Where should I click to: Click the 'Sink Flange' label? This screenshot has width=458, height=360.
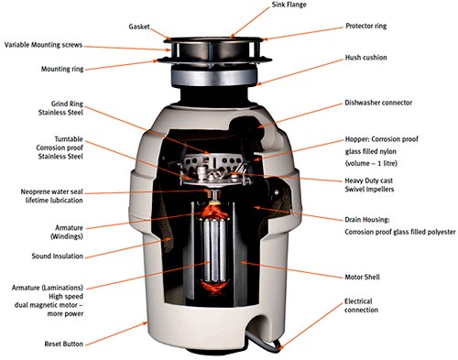(289, 5)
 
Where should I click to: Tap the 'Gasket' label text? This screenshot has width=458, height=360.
(139, 27)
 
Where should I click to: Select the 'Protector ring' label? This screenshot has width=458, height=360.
(365, 26)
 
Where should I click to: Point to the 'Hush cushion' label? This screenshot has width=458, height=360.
(365, 58)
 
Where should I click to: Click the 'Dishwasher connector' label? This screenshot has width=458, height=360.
(378, 103)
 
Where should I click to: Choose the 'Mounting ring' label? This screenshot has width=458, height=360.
(62, 69)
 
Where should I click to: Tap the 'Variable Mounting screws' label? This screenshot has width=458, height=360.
(43, 45)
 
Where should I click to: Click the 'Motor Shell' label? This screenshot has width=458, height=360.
(362, 277)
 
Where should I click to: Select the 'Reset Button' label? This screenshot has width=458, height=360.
(64, 344)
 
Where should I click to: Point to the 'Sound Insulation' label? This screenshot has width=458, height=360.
(58, 256)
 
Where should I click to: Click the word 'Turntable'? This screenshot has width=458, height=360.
(69, 139)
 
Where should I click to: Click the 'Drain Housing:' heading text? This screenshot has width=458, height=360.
(367, 220)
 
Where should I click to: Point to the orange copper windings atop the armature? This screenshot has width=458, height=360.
(214, 211)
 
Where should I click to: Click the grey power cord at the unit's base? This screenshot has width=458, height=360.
(264, 341)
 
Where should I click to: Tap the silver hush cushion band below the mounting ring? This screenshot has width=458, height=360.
(213, 77)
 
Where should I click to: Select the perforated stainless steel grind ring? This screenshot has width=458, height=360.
(213, 162)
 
